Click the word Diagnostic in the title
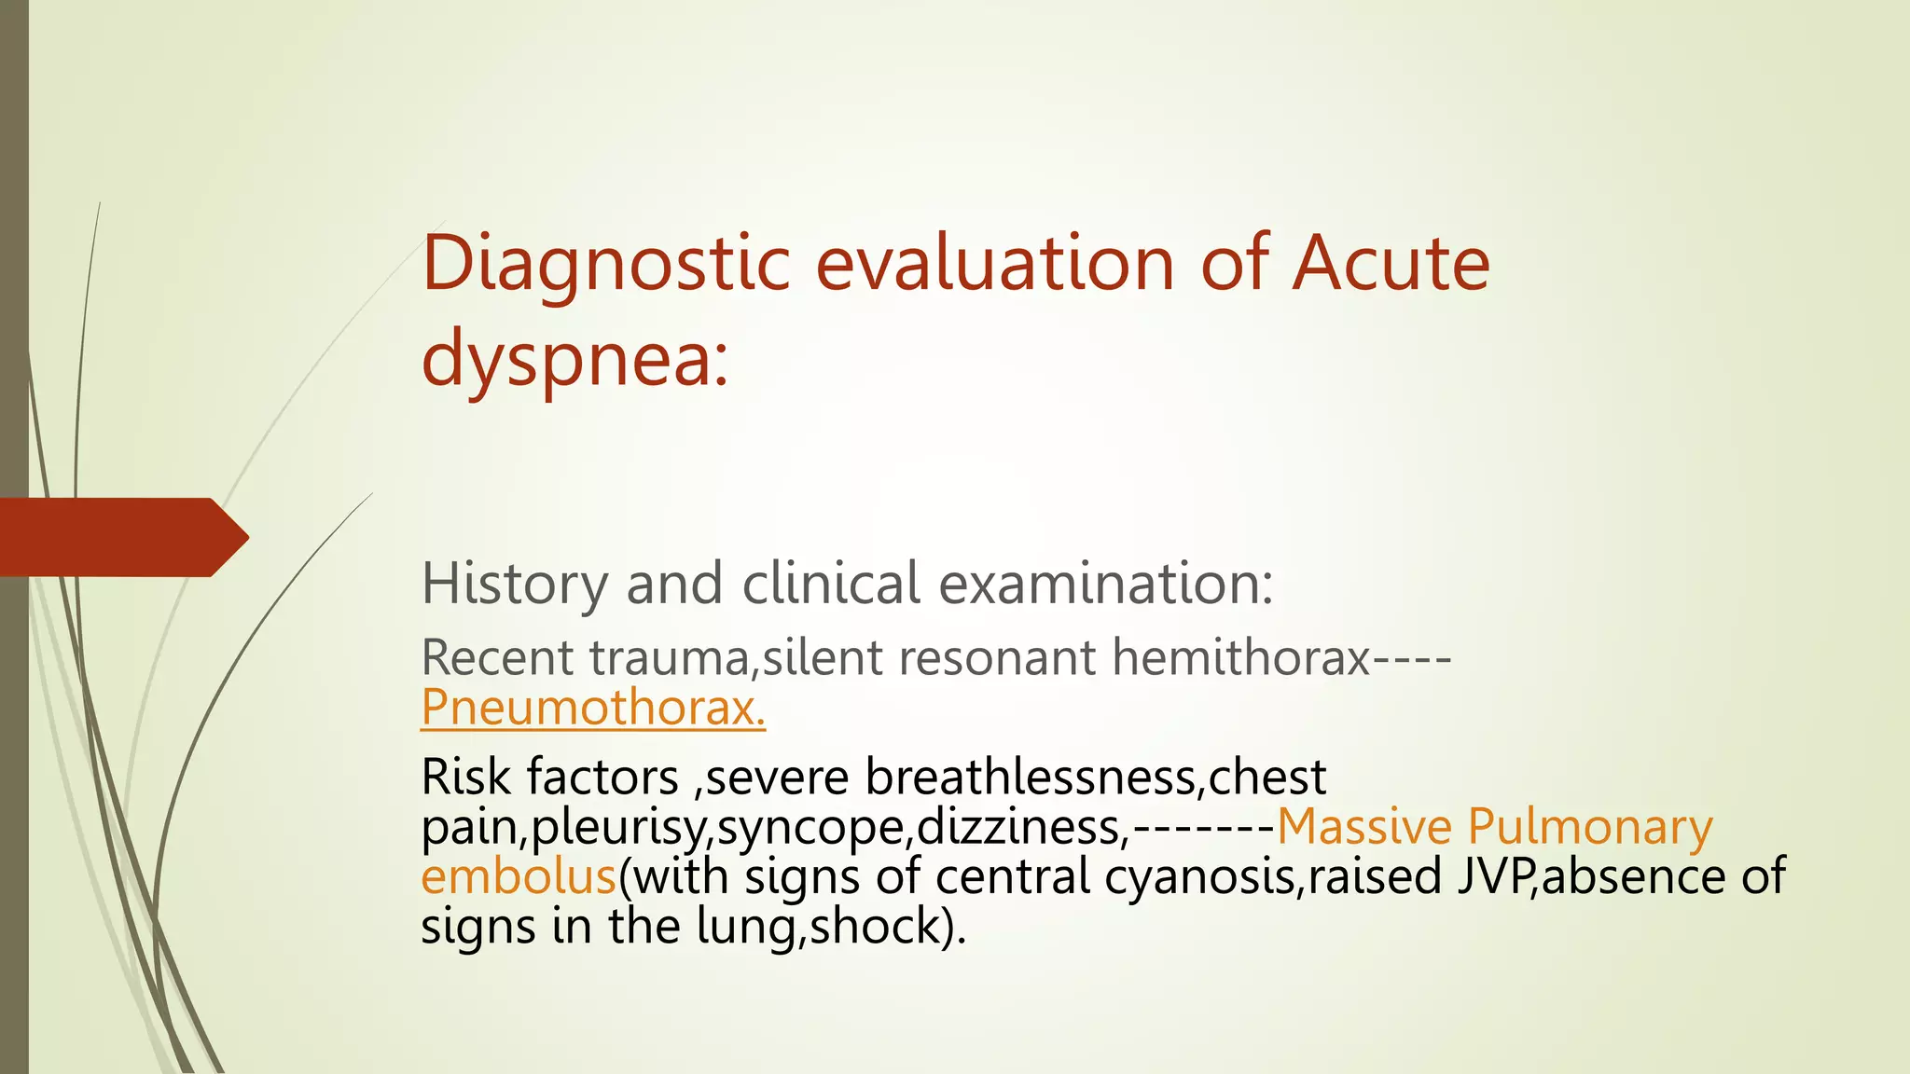coord(606,264)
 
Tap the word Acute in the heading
coord(1391,264)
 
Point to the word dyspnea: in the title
coord(574,359)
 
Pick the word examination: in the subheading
coord(1105,585)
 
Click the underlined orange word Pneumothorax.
coord(593,708)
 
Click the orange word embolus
coord(519,877)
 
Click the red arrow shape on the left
coord(121,537)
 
